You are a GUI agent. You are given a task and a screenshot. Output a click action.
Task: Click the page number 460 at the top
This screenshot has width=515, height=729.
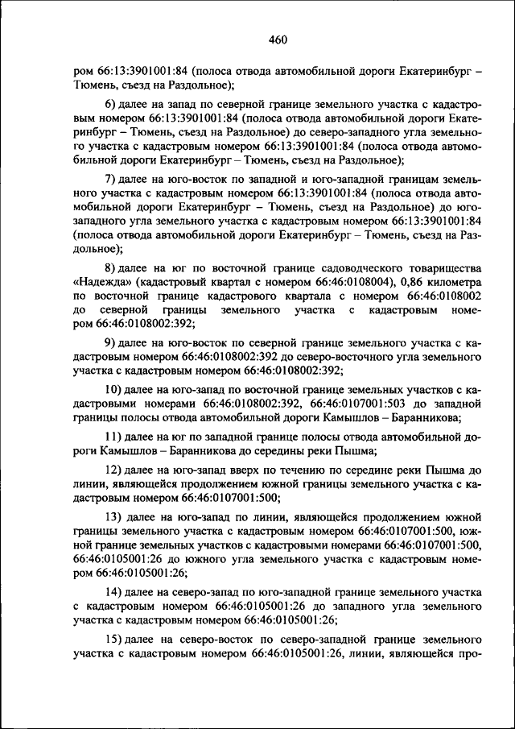(x=278, y=39)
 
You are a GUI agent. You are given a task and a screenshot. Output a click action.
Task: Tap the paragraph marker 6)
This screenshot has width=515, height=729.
(x=112, y=105)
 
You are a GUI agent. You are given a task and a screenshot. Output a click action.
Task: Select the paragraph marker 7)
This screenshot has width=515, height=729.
(x=112, y=177)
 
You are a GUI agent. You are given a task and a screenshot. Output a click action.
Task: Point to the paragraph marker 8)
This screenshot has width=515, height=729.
(x=112, y=267)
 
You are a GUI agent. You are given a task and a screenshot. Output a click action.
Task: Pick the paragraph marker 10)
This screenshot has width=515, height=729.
(x=114, y=389)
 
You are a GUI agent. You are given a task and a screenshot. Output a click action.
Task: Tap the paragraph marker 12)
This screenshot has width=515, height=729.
(x=114, y=468)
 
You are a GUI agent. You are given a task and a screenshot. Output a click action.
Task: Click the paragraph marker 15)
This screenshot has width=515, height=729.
(x=114, y=638)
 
